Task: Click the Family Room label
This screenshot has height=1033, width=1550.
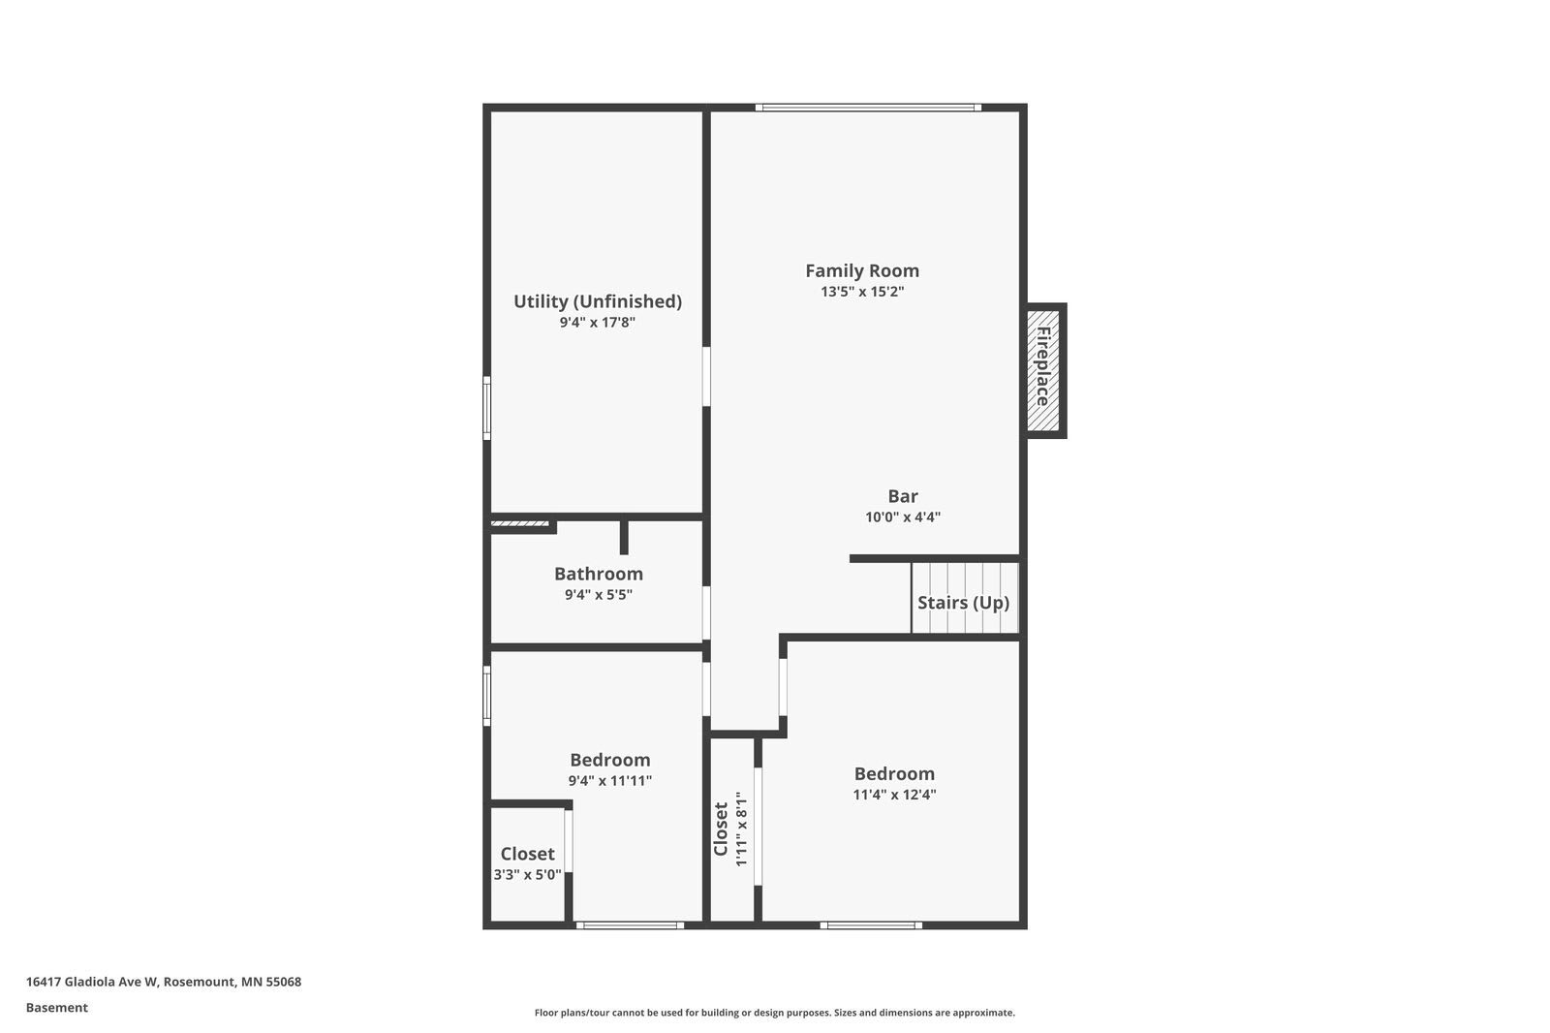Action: click(x=861, y=270)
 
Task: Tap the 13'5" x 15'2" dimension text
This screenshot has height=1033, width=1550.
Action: click(x=861, y=292)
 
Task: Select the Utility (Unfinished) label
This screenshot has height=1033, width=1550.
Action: click(x=597, y=301)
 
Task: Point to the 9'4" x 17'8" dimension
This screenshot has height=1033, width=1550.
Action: click(x=597, y=323)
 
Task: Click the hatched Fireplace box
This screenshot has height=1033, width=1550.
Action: click(x=1043, y=369)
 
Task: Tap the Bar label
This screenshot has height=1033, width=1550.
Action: click(x=902, y=496)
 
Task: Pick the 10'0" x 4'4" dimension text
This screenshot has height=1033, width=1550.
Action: click(x=902, y=517)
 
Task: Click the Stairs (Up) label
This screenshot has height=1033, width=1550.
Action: click(x=963, y=603)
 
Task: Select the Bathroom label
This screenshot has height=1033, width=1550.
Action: click(x=598, y=574)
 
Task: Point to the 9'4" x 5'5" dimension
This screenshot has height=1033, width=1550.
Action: click(x=598, y=595)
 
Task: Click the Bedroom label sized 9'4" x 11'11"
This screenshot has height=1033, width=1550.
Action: click(x=609, y=760)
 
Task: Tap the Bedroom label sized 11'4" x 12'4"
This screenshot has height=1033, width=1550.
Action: click(x=893, y=773)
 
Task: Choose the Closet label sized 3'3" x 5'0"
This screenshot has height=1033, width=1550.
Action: click(x=527, y=854)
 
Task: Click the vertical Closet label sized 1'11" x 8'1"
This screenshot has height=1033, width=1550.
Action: click(x=721, y=830)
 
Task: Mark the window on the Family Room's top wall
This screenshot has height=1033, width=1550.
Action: click(x=868, y=108)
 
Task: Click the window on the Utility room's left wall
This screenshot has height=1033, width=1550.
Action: click(x=486, y=408)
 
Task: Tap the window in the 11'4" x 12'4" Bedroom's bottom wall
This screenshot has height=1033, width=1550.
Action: click(x=870, y=925)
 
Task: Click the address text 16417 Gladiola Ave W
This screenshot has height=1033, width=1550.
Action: click(x=163, y=982)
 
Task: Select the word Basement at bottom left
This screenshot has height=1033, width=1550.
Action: click(x=56, y=1008)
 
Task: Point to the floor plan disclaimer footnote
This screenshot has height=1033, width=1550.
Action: click(x=774, y=1013)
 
